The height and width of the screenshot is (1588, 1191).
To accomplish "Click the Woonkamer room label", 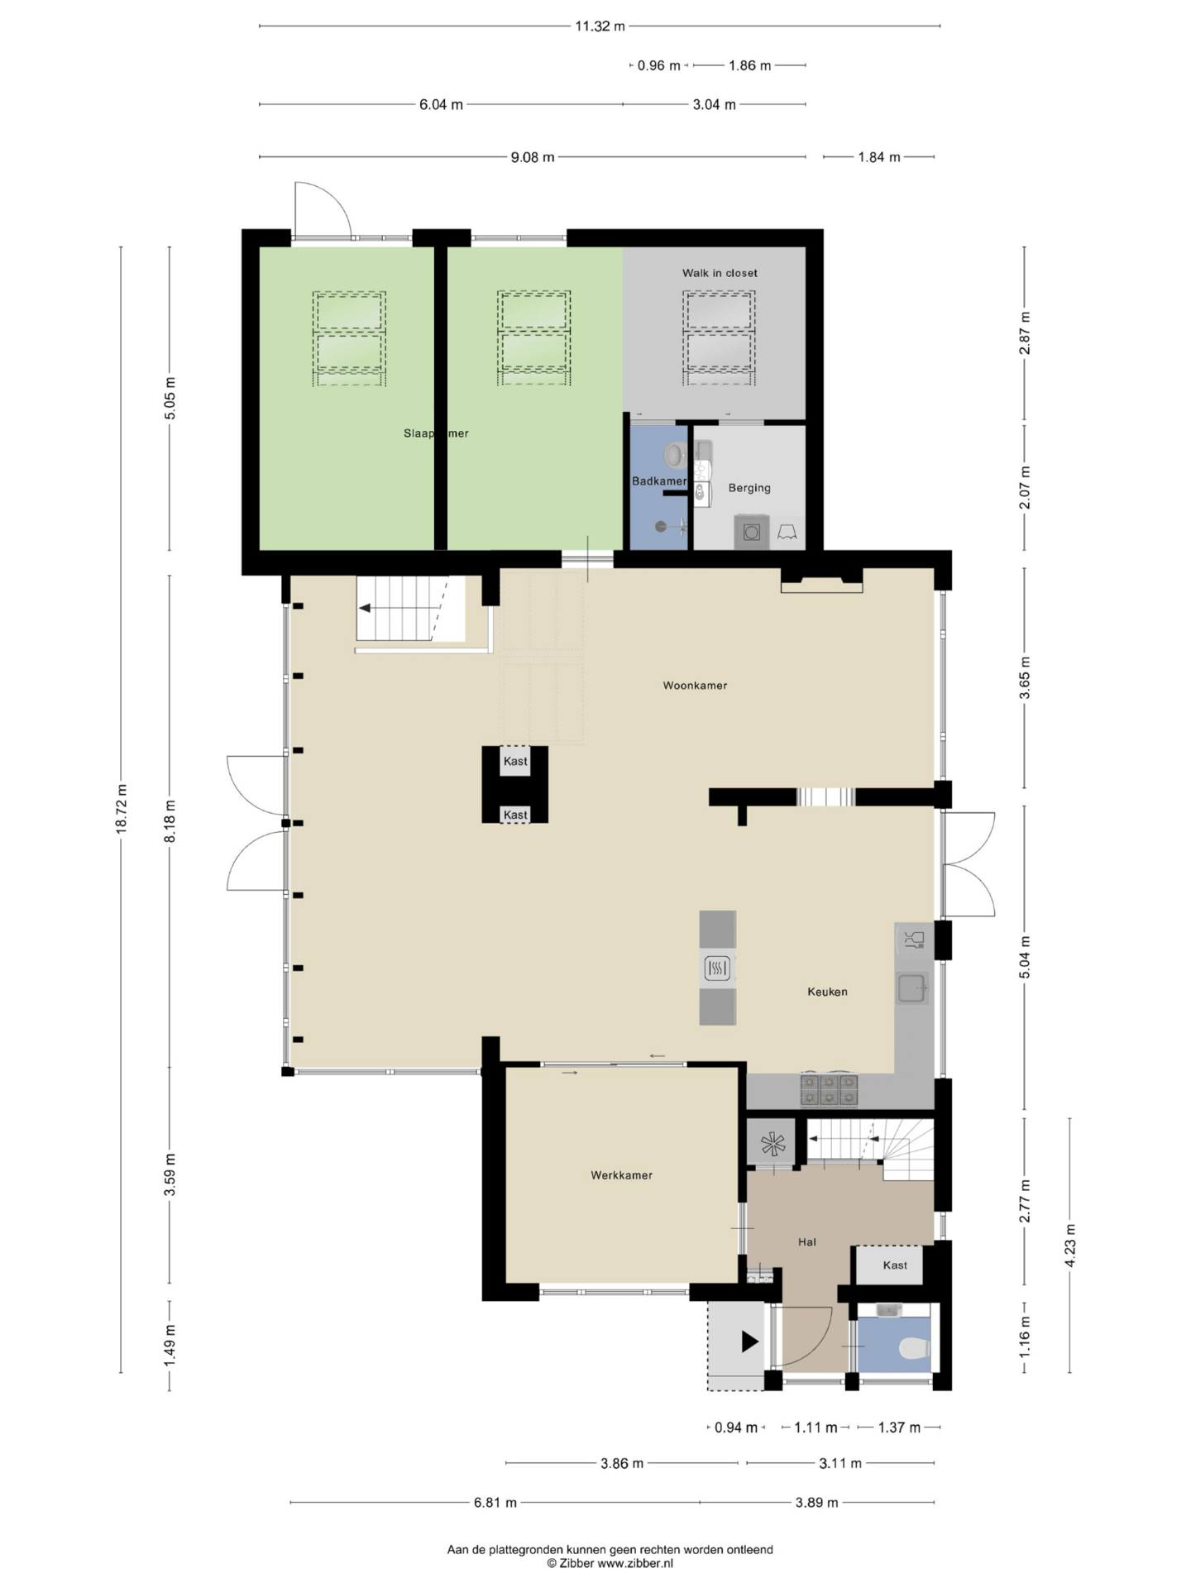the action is click(x=695, y=686).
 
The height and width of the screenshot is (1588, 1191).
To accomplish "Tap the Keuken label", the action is click(x=827, y=992).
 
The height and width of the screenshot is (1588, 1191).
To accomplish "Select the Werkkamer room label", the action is click(x=621, y=1175).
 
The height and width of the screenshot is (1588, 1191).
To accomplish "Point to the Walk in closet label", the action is click(x=720, y=273).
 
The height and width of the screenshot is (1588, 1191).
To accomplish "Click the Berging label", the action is click(x=749, y=488).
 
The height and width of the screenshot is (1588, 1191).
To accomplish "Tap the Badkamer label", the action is click(x=659, y=481).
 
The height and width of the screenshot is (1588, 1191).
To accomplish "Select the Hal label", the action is click(x=807, y=1241).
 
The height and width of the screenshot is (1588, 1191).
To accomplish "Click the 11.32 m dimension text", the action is click(x=600, y=26).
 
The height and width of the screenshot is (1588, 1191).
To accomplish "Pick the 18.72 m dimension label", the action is click(x=122, y=808).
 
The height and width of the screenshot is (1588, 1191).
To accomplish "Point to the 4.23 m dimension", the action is click(x=1069, y=1246).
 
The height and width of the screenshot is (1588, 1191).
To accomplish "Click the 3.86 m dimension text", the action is click(x=621, y=1463).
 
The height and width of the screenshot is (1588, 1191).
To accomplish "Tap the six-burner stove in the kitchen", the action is click(x=829, y=1089).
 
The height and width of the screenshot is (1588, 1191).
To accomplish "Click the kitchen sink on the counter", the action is click(x=912, y=988).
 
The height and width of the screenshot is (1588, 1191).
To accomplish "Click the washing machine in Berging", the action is click(x=751, y=532).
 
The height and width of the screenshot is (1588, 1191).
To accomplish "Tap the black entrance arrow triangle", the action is click(x=749, y=1342).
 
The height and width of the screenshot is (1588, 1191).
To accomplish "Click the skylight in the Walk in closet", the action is click(x=719, y=338).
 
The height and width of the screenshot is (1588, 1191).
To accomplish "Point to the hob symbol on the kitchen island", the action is click(x=717, y=968).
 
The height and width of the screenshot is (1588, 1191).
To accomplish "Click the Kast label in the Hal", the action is click(x=895, y=1265).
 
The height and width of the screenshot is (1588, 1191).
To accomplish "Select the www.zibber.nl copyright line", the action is click(x=610, y=1563).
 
